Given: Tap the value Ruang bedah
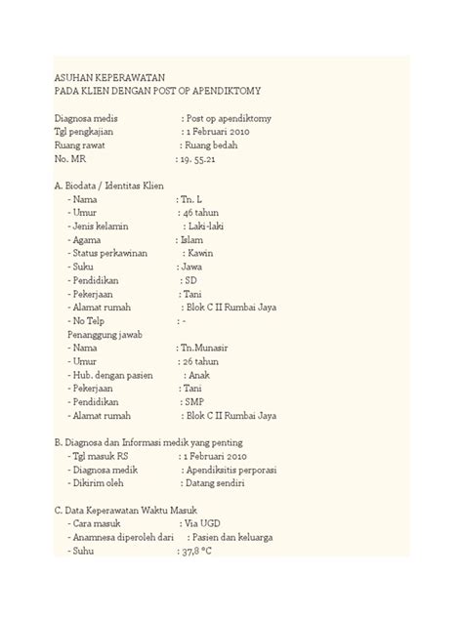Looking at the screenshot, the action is point(216,144).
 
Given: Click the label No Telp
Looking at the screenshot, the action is point(89,320).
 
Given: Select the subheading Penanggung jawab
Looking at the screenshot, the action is point(105,334).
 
